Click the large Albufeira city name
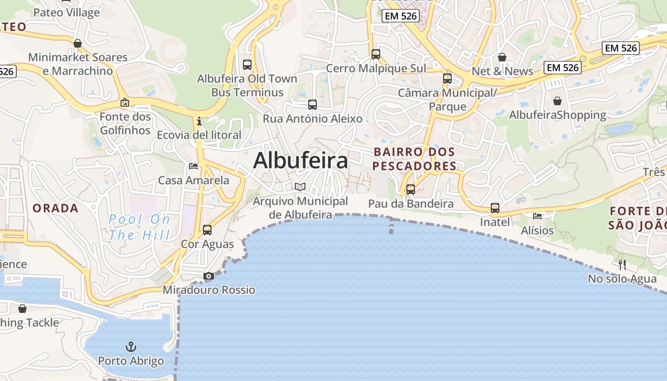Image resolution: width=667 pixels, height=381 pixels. [301, 161]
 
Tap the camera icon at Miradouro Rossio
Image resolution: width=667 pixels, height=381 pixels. [209, 276]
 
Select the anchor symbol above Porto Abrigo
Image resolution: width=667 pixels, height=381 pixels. [131, 346]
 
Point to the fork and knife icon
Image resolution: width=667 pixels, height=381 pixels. [622, 265]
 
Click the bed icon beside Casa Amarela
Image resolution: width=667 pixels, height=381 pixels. [193, 166]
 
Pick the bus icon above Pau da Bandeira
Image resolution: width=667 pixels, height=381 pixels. [410, 190]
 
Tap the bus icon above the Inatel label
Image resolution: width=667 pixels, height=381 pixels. [495, 208]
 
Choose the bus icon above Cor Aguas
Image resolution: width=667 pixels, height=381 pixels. [207, 230]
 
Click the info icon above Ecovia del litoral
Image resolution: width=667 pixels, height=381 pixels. [199, 121]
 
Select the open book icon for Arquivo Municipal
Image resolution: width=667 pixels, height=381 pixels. [300, 187]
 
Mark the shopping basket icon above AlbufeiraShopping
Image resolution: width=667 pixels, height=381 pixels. [557, 101]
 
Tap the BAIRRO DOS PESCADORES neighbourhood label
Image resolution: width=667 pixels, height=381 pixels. [414, 159]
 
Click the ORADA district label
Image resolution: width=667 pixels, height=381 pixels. [55, 208]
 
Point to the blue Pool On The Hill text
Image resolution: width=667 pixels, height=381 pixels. [139, 227]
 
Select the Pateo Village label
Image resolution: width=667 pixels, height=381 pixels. [67, 12]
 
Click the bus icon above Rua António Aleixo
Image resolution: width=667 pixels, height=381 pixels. [313, 105]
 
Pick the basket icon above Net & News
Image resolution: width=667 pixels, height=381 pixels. [502, 58]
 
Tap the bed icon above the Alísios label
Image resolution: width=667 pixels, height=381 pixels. [537, 216]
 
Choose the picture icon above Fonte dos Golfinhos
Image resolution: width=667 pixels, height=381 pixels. [125, 102]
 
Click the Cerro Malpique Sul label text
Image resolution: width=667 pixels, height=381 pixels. [376, 68]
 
